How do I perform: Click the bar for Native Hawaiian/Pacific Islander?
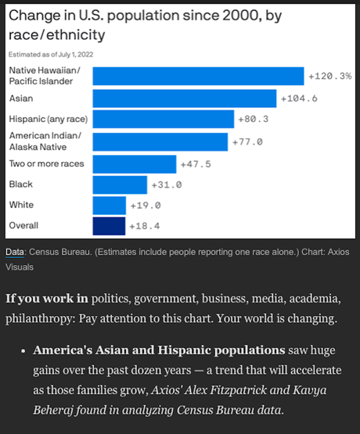tap(198, 76)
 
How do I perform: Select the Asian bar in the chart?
tap(185, 98)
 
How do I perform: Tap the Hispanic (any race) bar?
tap(164, 119)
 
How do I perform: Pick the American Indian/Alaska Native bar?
tap(160, 142)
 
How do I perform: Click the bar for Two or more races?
tap(135, 163)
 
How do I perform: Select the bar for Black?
tap(120, 185)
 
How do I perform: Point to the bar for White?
tap(110, 206)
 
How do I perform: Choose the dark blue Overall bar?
tap(109, 227)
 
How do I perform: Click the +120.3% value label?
tap(329, 77)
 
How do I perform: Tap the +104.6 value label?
tap(300, 99)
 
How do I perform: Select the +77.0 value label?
tap(247, 142)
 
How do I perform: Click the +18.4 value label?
tap(145, 227)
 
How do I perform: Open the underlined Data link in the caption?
tap(15, 252)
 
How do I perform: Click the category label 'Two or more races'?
tap(45, 163)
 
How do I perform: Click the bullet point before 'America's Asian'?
tap(26, 350)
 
